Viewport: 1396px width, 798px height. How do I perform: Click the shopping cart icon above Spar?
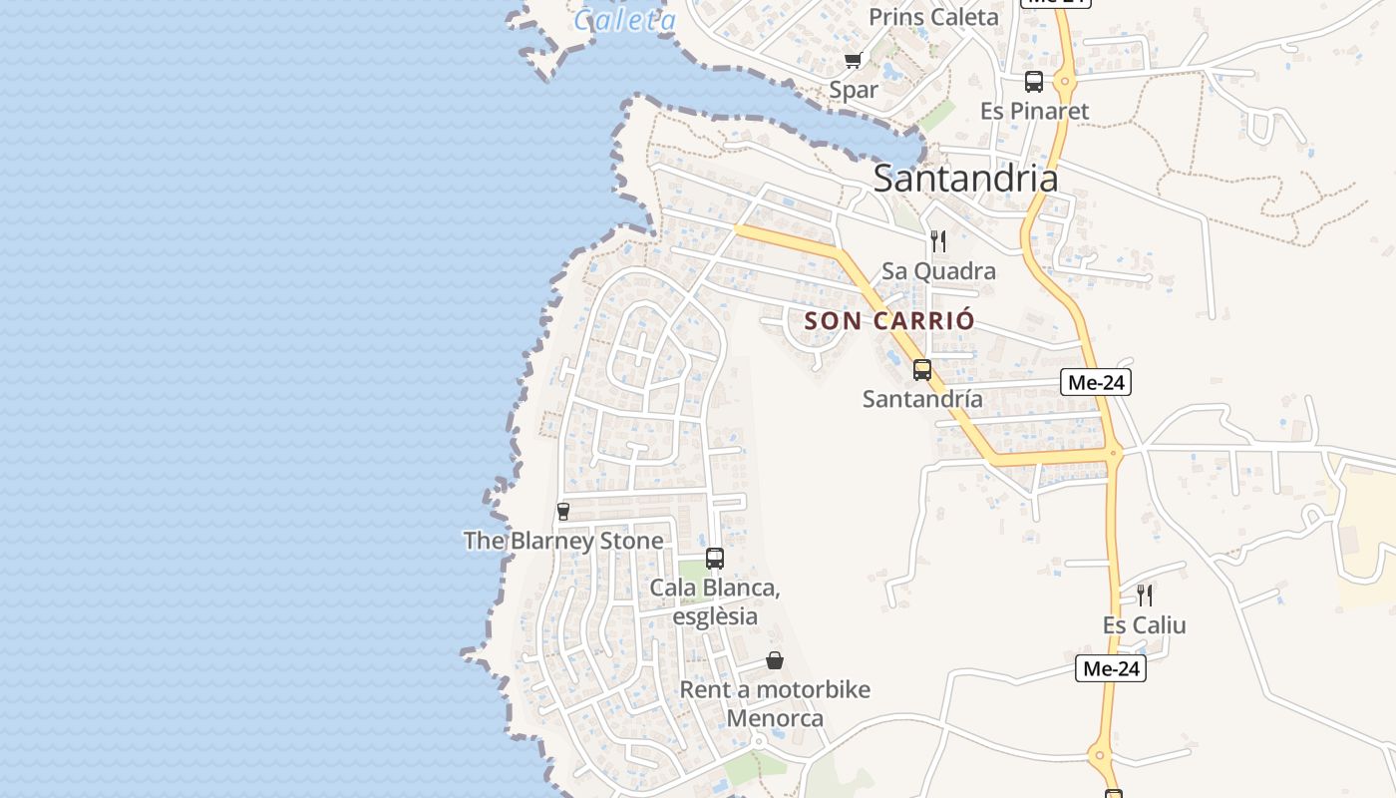pyautogui.click(x=853, y=61)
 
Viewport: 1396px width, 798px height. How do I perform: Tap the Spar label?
pyautogui.click(x=854, y=90)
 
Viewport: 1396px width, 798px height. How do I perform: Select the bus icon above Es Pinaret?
pyautogui.click(x=1034, y=82)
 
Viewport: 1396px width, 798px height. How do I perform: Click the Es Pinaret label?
pyautogui.click(x=1034, y=111)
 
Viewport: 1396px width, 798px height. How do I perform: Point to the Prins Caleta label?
pyautogui.click(x=933, y=17)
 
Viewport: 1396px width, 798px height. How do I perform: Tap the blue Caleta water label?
pyautogui.click(x=625, y=19)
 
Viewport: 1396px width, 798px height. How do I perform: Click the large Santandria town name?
pyautogui.click(x=965, y=179)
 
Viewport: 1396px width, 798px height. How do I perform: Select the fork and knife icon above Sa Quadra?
pyautogui.click(x=938, y=241)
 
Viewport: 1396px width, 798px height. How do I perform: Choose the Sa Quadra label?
pyautogui.click(x=938, y=271)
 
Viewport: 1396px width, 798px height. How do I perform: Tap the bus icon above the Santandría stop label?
pyautogui.click(x=922, y=370)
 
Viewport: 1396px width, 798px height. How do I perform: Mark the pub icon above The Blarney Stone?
pyautogui.click(x=563, y=512)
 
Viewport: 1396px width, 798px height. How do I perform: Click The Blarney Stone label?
pyautogui.click(x=563, y=541)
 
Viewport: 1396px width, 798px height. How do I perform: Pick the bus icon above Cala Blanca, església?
pyautogui.click(x=715, y=559)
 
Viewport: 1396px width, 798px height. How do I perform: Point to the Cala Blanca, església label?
pyautogui.click(x=715, y=601)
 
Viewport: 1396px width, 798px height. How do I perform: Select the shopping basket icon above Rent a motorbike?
pyautogui.click(x=775, y=660)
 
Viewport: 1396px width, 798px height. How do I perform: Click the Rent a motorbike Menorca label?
pyautogui.click(x=775, y=703)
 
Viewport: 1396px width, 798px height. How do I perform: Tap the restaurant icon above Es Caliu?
pyautogui.click(x=1145, y=596)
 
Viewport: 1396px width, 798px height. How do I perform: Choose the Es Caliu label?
pyautogui.click(x=1145, y=625)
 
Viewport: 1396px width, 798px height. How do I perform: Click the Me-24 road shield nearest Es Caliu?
pyautogui.click(x=1111, y=668)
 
